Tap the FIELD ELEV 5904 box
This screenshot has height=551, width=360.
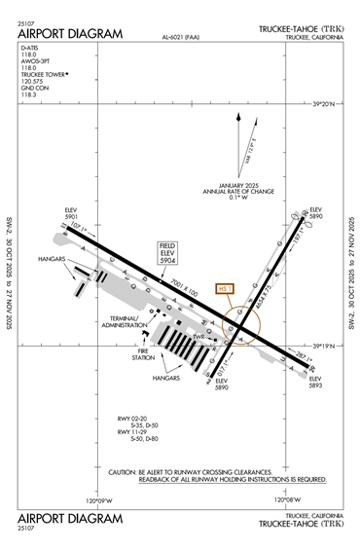[167, 255]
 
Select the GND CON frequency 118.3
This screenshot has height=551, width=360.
[28, 94]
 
